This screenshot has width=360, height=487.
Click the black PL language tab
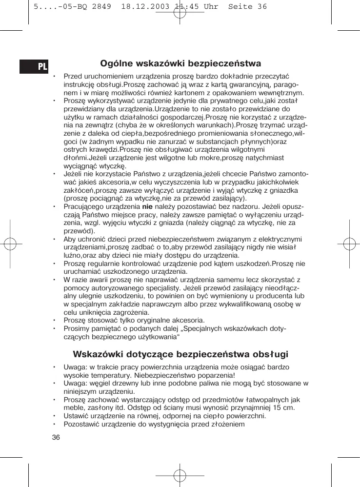click(x=34, y=66)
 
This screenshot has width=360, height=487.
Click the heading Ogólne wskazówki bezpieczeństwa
click(x=180, y=64)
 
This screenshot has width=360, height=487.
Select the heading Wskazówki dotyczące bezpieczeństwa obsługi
click(x=180, y=354)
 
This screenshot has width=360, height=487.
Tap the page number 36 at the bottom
click(x=56, y=437)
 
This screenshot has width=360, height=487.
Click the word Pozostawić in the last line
click(x=82, y=424)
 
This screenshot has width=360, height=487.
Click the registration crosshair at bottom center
click(x=180, y=476)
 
